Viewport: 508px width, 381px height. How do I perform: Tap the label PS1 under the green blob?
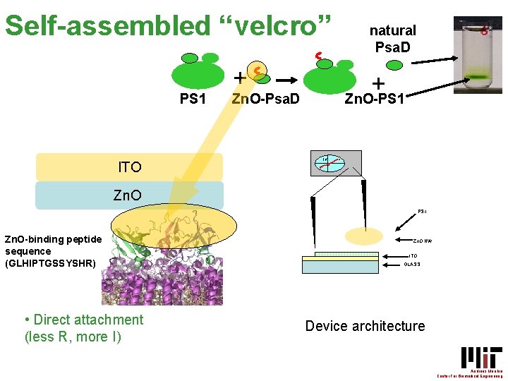(x=193, y=99)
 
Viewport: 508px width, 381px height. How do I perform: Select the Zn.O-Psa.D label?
(x=265, y=99)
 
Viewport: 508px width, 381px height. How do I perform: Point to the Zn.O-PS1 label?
(x=374, y=99)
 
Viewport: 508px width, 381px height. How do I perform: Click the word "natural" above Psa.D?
(x=393, y=30)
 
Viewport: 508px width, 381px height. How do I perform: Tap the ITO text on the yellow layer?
(x=130, y=167)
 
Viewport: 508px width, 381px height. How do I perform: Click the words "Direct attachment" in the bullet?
(x=88, y=320)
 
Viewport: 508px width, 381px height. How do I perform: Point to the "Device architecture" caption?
(x=365, y=326)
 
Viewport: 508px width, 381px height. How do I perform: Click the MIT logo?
(x=481, y=357)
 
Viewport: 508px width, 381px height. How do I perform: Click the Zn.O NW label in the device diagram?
(x=421, y=241)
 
